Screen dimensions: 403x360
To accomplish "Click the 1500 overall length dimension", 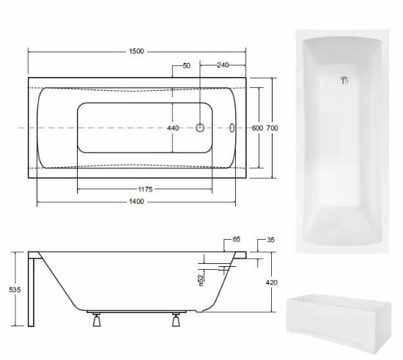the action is point(136,51).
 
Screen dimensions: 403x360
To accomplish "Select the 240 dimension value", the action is point(223,65).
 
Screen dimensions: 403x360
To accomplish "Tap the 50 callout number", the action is point(187,66).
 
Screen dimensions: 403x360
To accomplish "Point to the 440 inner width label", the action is point(173,128).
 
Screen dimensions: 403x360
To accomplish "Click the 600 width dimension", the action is point(257,128).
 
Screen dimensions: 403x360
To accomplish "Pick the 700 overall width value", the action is point(272,128).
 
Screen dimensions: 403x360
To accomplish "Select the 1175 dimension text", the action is point(145,189).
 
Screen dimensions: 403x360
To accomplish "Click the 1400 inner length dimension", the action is point(136,202).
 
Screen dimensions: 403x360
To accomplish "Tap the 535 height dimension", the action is point(15,290).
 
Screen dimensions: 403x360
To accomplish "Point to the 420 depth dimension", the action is point(272,282).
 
